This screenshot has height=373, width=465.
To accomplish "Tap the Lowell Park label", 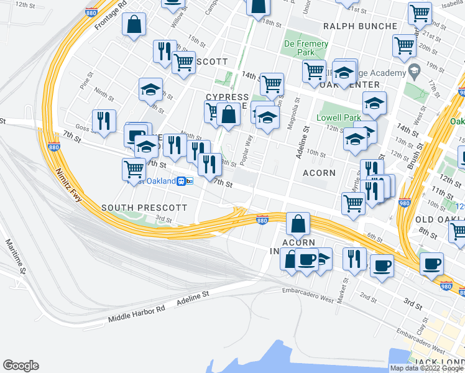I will [x=339, y=117].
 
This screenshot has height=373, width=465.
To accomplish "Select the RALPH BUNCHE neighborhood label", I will [x=360, y=26].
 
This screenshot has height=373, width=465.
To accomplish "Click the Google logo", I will [x=21, y=366].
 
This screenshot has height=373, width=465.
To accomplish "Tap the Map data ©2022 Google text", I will [x=427, y=368].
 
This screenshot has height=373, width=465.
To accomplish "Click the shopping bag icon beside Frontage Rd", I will [x=134, y=25].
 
